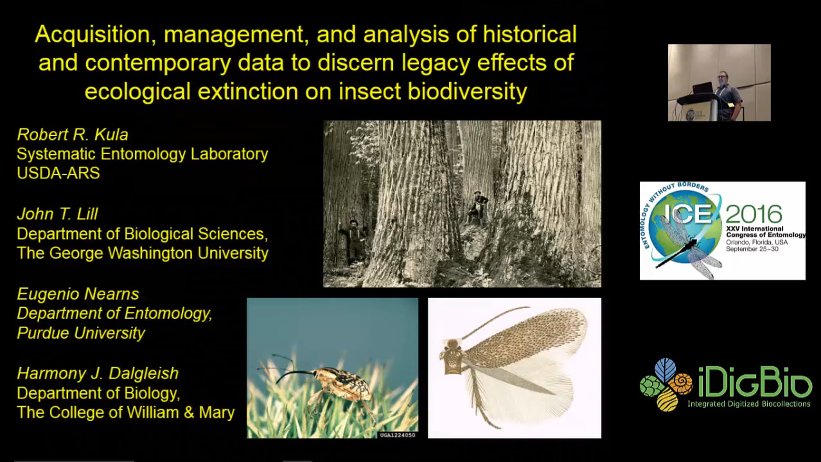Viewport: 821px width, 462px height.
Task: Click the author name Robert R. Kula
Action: tap(73, 135)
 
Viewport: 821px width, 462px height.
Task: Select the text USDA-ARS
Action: tap(58, 173)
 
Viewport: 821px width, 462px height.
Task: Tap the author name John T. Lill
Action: tap(57, 214)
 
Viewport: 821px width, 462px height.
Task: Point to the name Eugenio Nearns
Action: tap(78, 294)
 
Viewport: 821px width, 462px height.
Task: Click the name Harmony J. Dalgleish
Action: tap(98, 373)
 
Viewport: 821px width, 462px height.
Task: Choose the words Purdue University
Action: tap(81, 333)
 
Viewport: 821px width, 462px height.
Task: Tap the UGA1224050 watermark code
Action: tap(398, 435)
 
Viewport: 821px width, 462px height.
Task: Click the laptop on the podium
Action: tap(702, 89)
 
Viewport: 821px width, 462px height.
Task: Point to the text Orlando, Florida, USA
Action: tap(757, 242)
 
